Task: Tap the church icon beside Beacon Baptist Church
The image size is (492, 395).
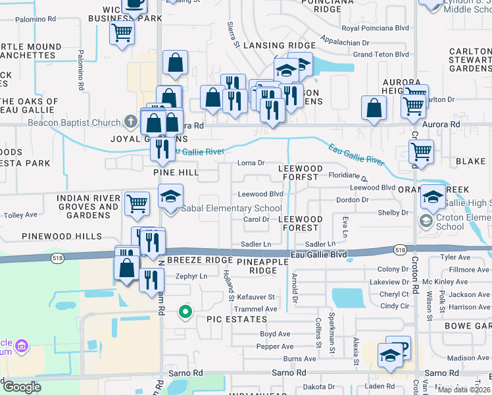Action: point(131,122)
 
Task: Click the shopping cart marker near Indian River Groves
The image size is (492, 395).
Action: point(137,203)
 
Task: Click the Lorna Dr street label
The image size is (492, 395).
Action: point(251,163)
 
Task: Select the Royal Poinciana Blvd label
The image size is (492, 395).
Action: point(375,28)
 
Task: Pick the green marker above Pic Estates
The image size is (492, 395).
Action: point(185,312)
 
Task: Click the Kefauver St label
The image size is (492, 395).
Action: point(257,298)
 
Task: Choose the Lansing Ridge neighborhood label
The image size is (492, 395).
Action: point(280,45)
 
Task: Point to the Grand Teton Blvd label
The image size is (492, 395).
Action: point(381,55)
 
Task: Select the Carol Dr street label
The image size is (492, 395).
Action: point(257,219)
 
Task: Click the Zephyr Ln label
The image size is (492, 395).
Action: point(191,276)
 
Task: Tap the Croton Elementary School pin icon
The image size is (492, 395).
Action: point(427,221)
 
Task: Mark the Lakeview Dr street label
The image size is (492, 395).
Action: point(394,282)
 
